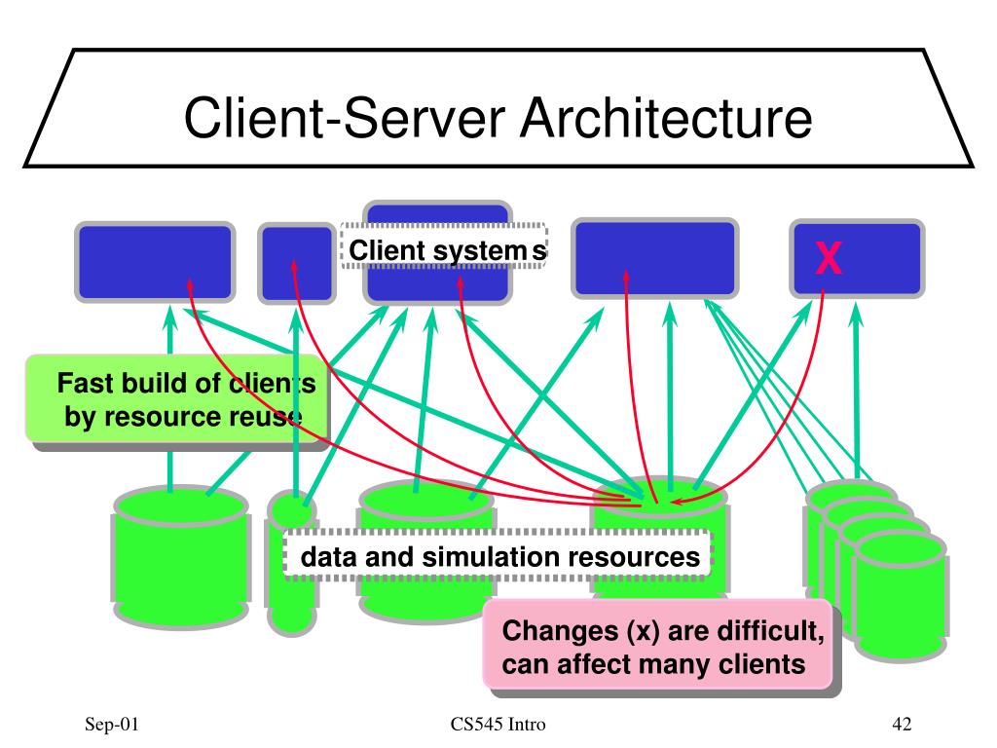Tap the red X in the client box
pyautogui.click(x=829, y=258)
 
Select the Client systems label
pyautogui.click(x=445, y=251)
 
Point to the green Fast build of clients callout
pyautogui.click(x=175, y=400)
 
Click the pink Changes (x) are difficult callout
pyautogui.click(x=663, y=649)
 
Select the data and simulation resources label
pyautogui.click(x=498, y=557)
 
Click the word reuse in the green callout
pyautogui.click(x=262, y=417)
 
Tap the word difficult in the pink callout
pyautogui.click(x=774, y=632)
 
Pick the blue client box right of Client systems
pyautogui.click(x=640, y=257)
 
